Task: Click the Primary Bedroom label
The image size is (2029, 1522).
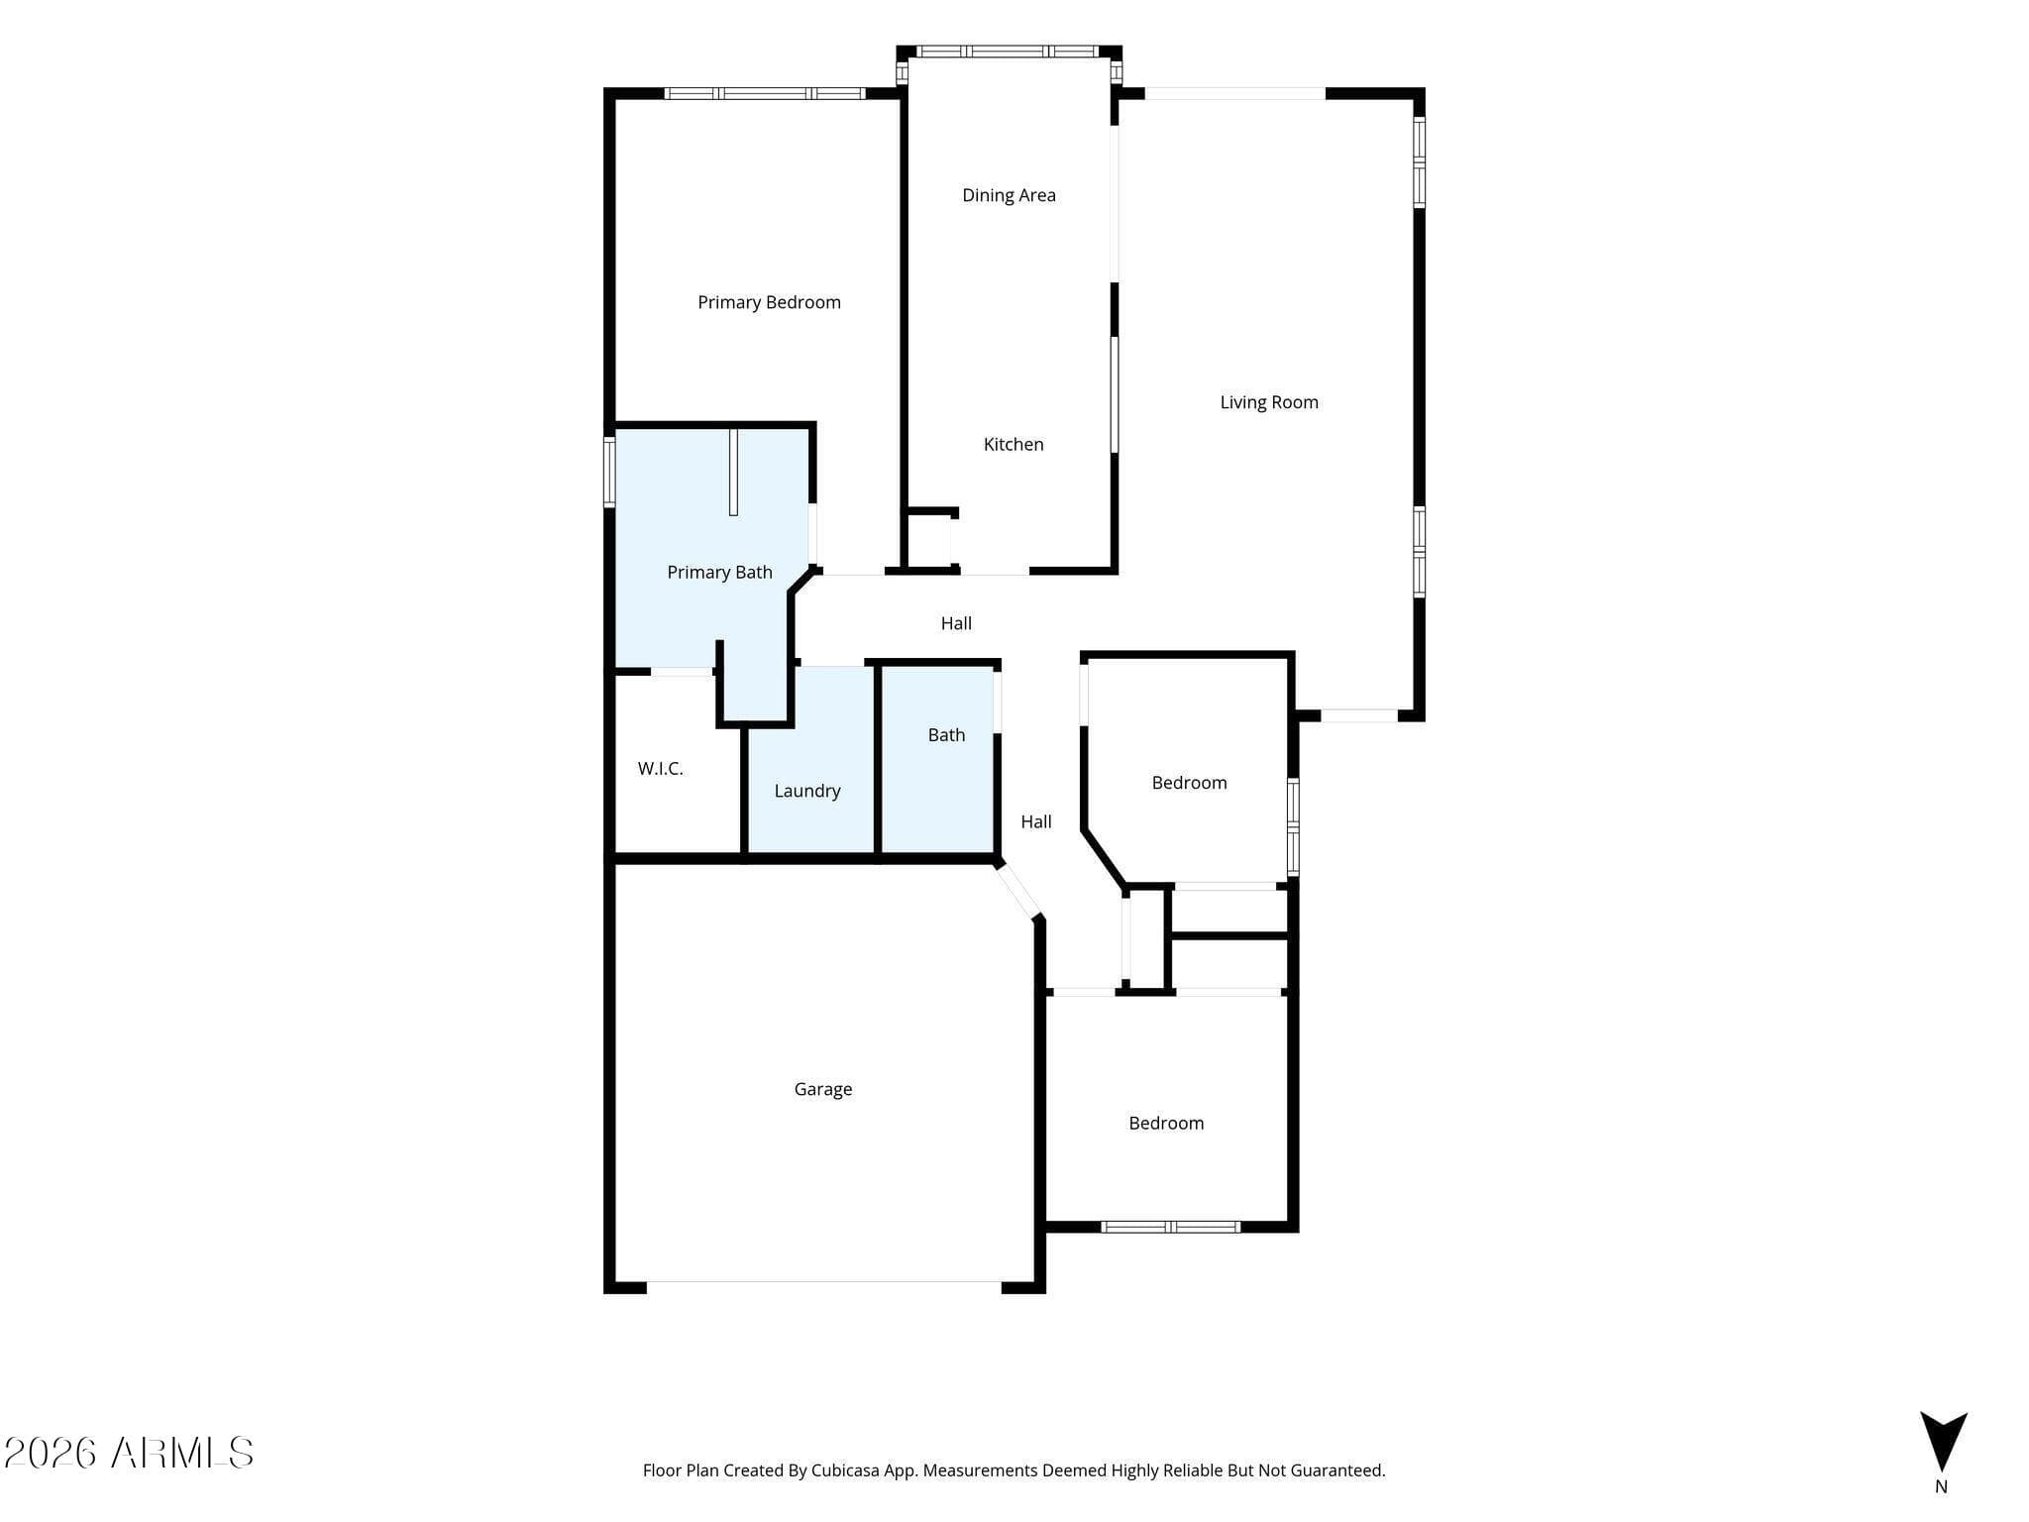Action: coord(769,303)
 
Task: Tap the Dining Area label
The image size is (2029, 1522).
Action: coord(1009,196)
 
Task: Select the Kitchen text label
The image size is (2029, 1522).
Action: coord(1014,445)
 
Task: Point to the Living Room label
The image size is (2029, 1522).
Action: coord(1269,402)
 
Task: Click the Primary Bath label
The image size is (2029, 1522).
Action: coord(719,573)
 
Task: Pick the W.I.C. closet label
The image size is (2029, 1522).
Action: coord(660,769)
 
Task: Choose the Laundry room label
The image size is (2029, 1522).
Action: coord(807,792)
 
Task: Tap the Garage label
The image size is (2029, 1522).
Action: coord(823,1090)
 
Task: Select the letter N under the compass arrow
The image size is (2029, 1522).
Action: coord(1941,1486)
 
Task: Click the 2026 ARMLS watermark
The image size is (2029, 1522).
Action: coord(129,1454)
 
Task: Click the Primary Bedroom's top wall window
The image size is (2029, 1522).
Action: coord(764,93)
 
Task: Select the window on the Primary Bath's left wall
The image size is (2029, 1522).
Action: coord(609,473)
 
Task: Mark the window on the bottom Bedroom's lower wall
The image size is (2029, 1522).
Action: coord(1171,1227)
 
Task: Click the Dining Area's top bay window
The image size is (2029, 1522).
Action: coord(1010,52)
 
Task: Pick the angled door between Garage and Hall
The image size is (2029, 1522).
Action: coord(1017,890)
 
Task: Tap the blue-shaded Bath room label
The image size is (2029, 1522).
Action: coord(946,735)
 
